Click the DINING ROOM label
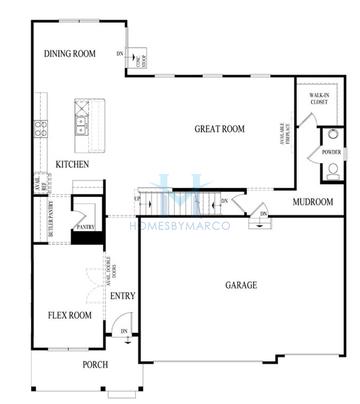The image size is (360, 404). pyautogui.click(x=70, y=53)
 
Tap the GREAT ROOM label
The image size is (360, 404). pyautogui.click(x=219, y=128)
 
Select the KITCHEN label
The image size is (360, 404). pyautogui.click(x=72, y=163)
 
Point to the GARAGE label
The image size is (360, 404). pyautogui.click(x=240, y=285)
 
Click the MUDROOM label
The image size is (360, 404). pyautogui.click(x=313, y=203)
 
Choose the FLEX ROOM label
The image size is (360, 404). pyautogui.click(x=70, y=315)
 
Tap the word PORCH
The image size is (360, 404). pyautogui.click(x=95, y=364)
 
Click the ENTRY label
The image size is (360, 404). pyautogui.click(x=123, y=296)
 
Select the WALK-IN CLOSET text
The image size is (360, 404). pyautogui.click(x=319, y=97)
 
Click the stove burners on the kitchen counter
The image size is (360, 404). pyautogui.click(x=41, y=127)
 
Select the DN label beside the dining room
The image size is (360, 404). pyautogui.click(x=120, y=52)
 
